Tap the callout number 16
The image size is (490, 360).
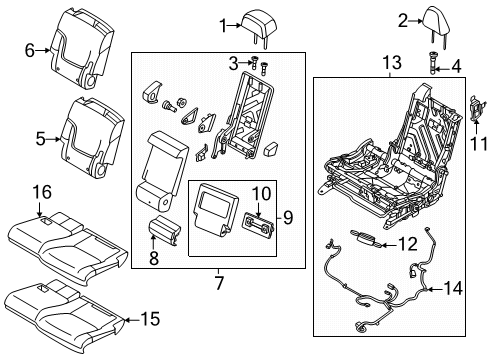[x=40, y=189]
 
